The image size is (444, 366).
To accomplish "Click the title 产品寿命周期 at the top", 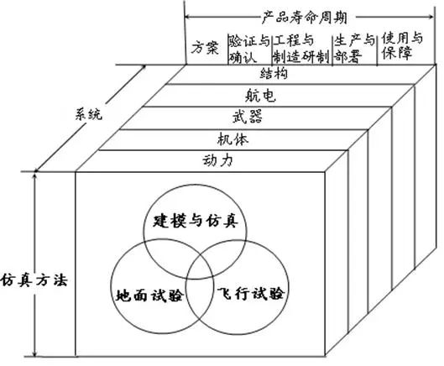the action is click(305, 18).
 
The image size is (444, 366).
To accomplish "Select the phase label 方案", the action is click(205, 48).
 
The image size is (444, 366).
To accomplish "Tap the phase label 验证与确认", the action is click(249, 49).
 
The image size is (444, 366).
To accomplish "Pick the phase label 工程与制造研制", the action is click(300, 49).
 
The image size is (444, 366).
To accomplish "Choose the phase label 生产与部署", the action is click(354, 49).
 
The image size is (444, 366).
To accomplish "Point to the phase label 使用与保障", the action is click(402, 46).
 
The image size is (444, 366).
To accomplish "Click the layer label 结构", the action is click(274, 74).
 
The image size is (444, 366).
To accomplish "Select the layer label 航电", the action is click(260, 95).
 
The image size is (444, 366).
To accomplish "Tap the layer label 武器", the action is click(248, 117).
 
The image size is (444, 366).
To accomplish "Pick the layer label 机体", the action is click(232, 139).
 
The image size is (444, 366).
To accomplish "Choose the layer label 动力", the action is click(217, 160).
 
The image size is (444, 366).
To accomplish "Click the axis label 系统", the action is click(89, 114).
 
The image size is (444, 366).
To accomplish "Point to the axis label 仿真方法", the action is click(34, 280).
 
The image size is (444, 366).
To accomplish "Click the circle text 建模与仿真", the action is click(196, 221).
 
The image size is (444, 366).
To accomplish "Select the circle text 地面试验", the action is click(150, 295).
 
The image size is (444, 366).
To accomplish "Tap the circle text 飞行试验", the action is click(251, 293).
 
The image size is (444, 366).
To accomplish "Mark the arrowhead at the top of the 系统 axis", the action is click(144, 67).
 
